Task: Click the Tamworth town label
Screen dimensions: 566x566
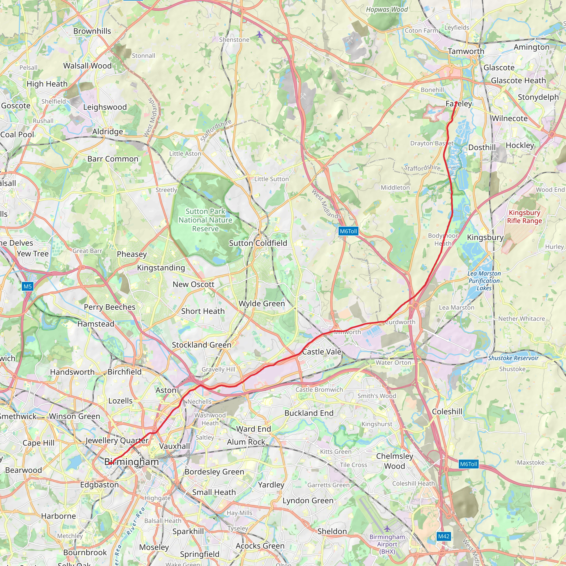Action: click(466, 51)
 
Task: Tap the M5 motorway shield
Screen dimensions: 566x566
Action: click(28, 286)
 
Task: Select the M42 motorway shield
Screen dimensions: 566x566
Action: click(444, 536)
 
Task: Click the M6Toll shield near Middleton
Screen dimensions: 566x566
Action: click(348, 231)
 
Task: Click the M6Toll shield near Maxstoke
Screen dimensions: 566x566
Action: click(468, 464)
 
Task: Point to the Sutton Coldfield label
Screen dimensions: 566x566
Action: click(258, 243)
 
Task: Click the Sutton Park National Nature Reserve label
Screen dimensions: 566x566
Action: click(205, 220)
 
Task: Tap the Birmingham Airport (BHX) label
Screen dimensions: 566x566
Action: click(387, 544)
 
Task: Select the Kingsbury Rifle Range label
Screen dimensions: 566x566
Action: click(524, 216)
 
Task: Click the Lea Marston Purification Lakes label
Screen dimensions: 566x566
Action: click(484, 281)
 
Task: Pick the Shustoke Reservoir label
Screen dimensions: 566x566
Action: click(513, 358)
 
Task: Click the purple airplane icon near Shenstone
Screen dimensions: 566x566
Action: click(260, 35)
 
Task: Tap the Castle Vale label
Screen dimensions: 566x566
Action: click(322, 352)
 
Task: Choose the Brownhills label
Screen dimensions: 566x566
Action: click(92, 31)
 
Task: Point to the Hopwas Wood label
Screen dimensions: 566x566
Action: click(387, 10)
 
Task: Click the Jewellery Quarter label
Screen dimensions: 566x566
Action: click(117, 440)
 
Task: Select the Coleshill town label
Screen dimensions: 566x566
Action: click(447, 411)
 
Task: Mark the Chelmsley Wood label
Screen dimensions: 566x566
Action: click(394, 461)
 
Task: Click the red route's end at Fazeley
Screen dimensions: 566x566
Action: click(456, 102)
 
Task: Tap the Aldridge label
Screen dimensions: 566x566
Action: click(108, 132)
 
